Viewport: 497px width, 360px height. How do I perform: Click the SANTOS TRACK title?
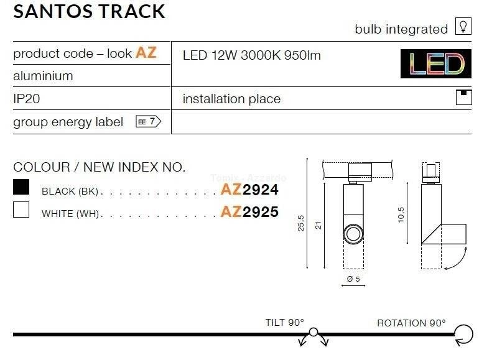click(89, 11)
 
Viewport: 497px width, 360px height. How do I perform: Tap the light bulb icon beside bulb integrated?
click(463, 26)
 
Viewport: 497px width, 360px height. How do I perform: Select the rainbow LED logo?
click(436, 63)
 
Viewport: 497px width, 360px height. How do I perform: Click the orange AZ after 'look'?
click(146, 53)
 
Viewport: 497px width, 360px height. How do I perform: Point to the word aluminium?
click(43, 76)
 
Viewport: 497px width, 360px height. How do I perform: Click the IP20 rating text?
click(27, 99)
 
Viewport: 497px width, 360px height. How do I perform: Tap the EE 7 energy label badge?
click(148, 122)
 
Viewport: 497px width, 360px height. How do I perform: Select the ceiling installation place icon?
click(463, 97)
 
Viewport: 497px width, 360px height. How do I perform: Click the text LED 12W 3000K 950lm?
click(252, 55)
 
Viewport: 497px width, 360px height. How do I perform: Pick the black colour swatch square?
click(21, 187)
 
